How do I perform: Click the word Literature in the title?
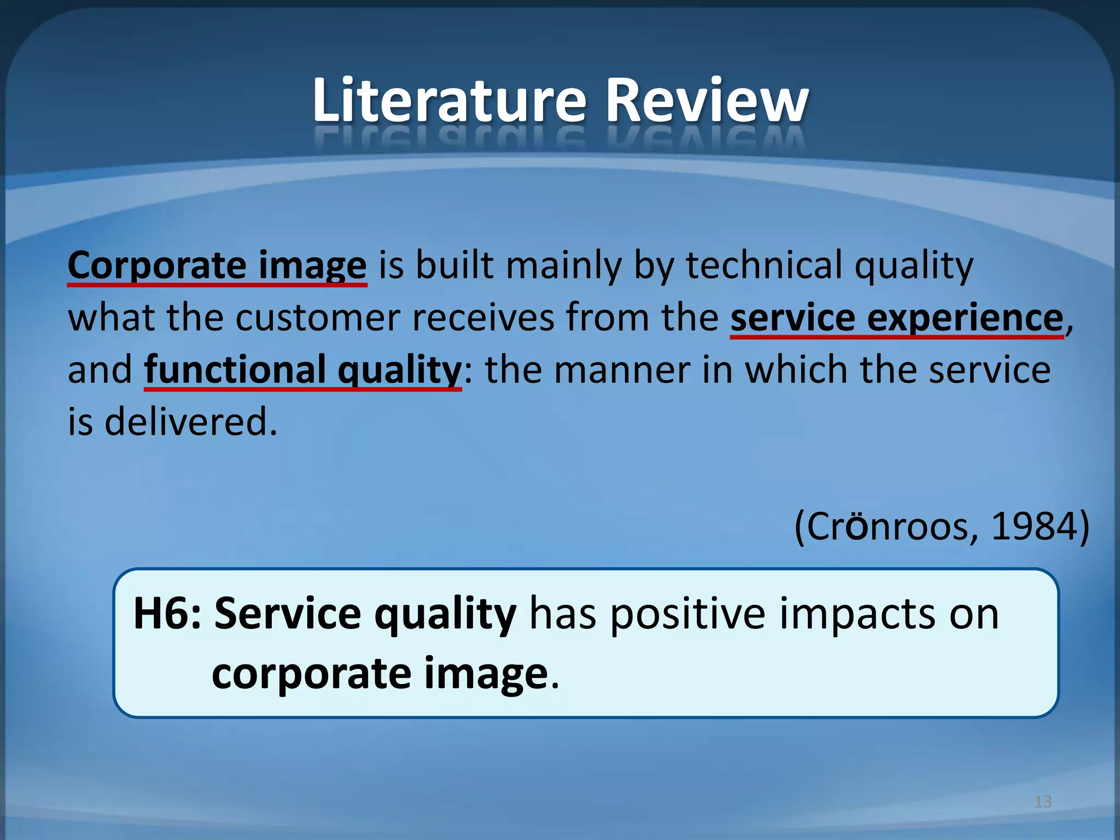tap(449, 101)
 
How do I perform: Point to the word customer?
tap(318, 318)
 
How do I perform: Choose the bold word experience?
tap(965, 318)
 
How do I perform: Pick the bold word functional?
tap(235, 370)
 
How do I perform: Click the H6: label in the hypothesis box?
tap(167, 614)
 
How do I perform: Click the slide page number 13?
tap(1043, 802)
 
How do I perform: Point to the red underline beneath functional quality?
tap(302, 389)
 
